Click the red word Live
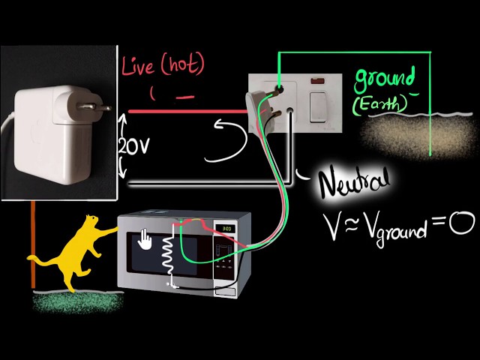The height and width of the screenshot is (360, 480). click(x=140, y=67)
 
